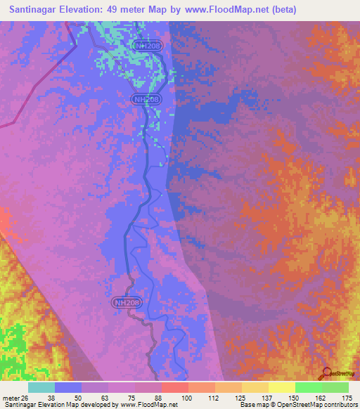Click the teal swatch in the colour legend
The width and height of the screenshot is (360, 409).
[41, 387]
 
